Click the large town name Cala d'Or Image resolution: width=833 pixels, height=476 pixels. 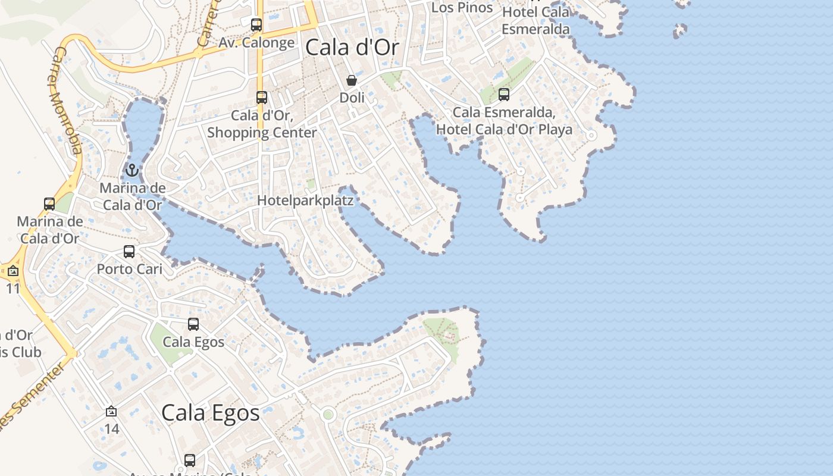coord(352,48)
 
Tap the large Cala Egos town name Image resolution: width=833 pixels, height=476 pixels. coord(211,412)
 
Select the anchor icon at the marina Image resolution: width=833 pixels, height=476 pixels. coord(131,171)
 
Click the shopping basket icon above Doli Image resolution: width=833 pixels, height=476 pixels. coord(352,80)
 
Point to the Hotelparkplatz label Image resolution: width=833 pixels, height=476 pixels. coord(305,201)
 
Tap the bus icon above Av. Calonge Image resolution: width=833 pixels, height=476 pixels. coord(256,25)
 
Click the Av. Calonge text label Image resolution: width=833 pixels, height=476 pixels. coord(256,42)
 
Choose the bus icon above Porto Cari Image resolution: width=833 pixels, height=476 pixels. coord(129,252)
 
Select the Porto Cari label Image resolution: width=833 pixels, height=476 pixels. coord(129,269)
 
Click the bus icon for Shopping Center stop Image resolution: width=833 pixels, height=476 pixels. coord(262,98)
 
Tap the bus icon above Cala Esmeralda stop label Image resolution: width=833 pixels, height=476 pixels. coord(504,95)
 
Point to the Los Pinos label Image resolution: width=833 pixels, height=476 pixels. coord(462,8)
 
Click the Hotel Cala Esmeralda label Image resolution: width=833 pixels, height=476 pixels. coord(535,20)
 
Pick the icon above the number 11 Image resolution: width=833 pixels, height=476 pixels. coord(13,271)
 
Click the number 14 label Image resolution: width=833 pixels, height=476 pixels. coord(112,428)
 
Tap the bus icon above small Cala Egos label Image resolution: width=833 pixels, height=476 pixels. coord(193,324)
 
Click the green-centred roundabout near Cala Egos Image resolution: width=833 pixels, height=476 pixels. coord(328,414)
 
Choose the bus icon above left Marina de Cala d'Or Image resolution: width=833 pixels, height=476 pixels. coord(49,204)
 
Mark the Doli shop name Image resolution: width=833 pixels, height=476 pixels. coord(352,97)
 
